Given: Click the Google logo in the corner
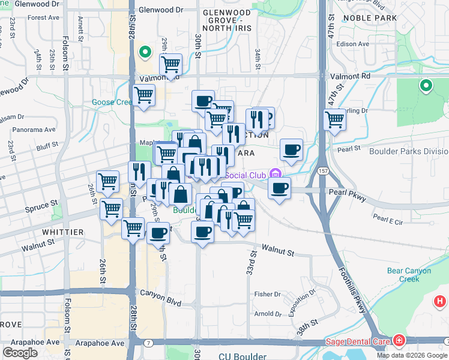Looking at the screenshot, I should [20, 352].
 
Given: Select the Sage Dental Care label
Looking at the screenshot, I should [358, 342].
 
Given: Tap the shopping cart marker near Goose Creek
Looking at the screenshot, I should [144, 94].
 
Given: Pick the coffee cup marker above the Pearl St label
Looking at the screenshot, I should [291, 149].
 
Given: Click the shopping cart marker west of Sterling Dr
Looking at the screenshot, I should [334, 118].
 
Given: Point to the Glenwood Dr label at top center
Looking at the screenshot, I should [160, 10].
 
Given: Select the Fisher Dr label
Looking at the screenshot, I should [267, 294].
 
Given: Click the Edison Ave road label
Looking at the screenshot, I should [351, 44].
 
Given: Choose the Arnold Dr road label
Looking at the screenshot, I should [268, 314].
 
